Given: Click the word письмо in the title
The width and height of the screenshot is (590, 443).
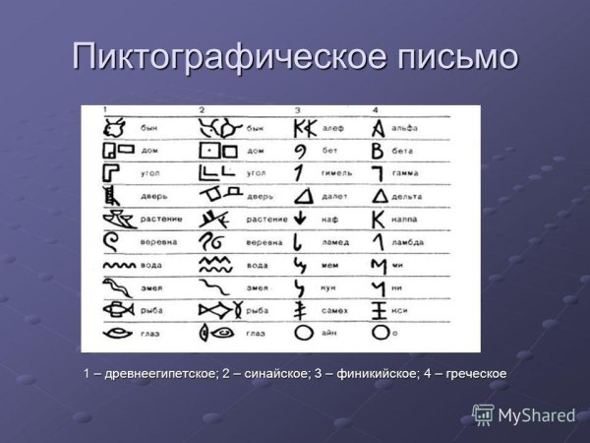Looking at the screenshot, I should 452,56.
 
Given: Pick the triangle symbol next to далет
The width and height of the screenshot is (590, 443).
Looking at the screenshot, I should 304,195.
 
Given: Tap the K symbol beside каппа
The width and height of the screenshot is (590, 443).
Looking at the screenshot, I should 378,218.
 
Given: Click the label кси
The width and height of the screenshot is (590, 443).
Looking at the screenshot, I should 405,310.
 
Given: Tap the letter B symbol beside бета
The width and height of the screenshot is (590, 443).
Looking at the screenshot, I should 377,151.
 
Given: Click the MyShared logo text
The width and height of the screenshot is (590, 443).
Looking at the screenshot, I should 536,415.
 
